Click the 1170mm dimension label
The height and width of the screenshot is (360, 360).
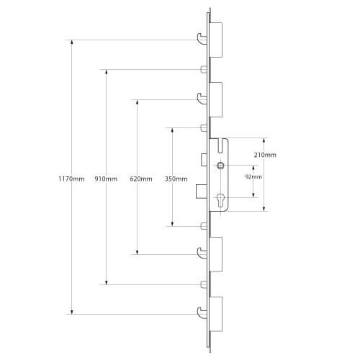click(71, 179)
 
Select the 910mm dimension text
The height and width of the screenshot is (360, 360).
click(106, 179)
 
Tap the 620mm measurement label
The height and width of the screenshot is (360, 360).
click(141, 179)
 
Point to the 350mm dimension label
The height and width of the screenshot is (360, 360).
click(176, 179)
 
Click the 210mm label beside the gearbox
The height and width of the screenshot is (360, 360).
click(265, 155)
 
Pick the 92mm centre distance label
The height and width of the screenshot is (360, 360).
click(253, 176)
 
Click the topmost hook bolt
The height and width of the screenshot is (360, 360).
click(202, 39)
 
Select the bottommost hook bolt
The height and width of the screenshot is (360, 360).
click(202, 313)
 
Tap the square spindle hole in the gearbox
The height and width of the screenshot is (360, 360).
click(220, 165)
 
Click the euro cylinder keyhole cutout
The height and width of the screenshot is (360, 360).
click(220, 200)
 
